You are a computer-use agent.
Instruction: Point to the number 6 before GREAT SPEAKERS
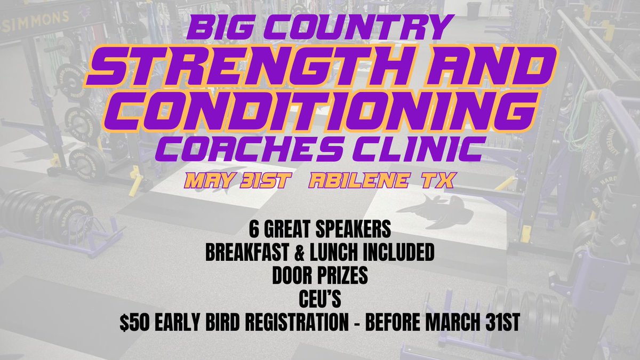pos(252,231)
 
